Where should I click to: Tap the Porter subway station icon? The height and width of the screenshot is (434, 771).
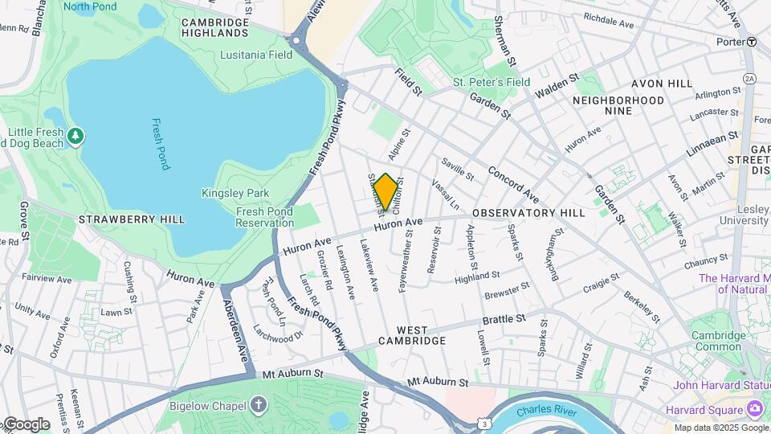pos(751,42)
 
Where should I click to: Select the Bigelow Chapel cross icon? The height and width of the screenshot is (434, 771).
pos(259,405)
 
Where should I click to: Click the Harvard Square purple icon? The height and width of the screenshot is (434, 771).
pos(753,409)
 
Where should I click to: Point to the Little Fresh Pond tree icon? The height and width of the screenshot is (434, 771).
pos(76,135)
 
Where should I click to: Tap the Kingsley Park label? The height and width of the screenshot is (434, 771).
pos(235,193)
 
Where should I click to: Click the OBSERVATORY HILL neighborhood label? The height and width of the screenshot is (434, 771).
pos(528,213)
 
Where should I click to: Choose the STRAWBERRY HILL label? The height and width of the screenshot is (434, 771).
pos(132,219)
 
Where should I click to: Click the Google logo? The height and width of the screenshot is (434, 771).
pos(26,424)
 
